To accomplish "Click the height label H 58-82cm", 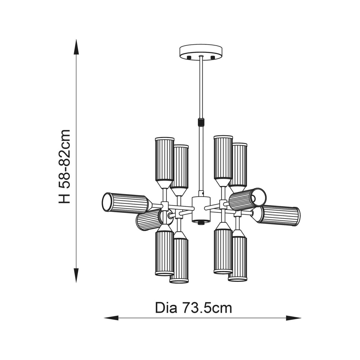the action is pyautogui.click(x=64, y=166).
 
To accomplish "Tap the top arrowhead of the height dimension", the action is pyautogui.click(x=76, y=47).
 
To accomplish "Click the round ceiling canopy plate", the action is pyautogui.click(x=201, y=52).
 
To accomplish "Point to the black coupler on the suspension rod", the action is pyautogui.click(x=201, y=122).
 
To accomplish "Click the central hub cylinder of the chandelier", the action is pyautogui.click(x=201, y=209).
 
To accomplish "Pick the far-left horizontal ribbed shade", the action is pyautogui.click(x=127, y=203).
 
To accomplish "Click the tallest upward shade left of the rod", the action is pyautogui.click(x=165, y=163).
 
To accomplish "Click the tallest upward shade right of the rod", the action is pyautogui.click(x=223, y=160).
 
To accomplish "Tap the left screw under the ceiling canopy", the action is pyautogui.click(x=189, y=57).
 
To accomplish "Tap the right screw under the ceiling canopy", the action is pyautogui.click(x=212, y=57).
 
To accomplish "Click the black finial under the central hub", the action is pyautogui.click(x=201, y=223).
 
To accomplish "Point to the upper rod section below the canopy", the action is pyautogui.click(x=201, y=87).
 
